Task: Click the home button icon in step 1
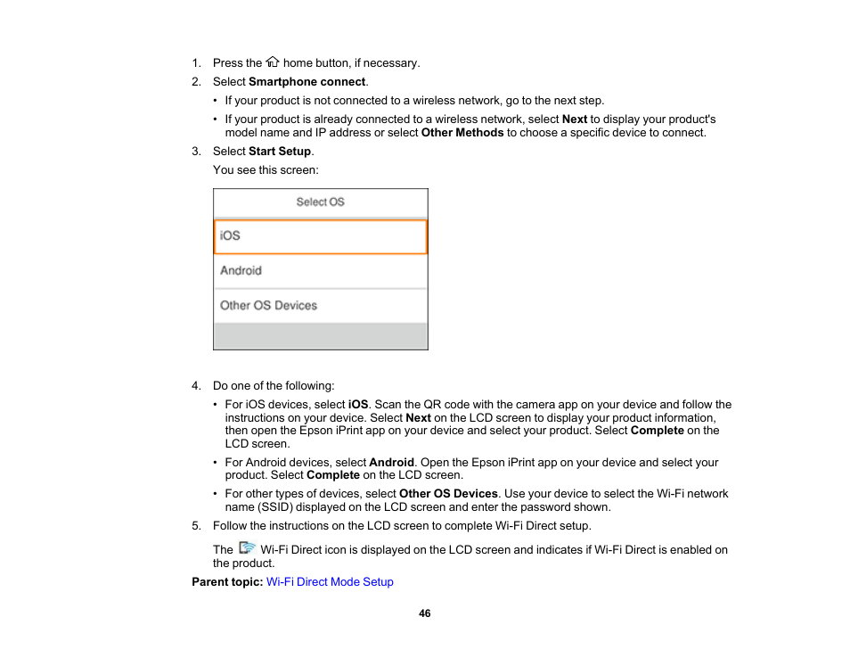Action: (273, 62)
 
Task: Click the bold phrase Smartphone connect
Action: (306, 81)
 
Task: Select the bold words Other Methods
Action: (462, 132)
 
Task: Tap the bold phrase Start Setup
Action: (280, 152)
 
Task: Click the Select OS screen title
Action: (320, 202)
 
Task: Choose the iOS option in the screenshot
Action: (320, 236)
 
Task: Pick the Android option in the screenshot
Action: (320, 271)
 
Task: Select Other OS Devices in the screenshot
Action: (320, 306)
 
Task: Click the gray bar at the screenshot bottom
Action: (320, 336)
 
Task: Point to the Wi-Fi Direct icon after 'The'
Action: (248, 549)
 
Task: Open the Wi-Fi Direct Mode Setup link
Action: (330, 582)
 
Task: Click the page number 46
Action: (425, 613)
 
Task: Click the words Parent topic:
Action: (227, 582)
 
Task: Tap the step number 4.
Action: (196, 386)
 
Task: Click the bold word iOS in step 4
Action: (358, 405)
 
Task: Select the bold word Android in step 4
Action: (391, 463)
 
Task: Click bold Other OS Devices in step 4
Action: (448, 494)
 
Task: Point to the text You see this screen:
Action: (266, 169)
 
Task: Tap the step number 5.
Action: (196, 526)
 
